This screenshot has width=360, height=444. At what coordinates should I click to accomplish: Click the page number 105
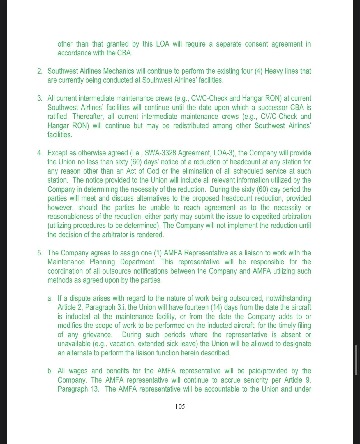180,406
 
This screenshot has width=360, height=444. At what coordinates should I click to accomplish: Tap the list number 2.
40,71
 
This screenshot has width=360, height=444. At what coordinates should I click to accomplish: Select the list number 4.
40,153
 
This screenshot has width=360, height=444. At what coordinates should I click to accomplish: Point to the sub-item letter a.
50,298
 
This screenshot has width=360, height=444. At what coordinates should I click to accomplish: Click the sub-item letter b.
50,371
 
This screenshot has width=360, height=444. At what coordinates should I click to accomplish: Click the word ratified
57,117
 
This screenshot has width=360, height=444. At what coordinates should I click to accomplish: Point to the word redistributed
191,126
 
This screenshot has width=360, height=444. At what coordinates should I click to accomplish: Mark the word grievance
97,335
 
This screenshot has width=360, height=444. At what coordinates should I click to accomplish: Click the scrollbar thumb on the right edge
356,360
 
